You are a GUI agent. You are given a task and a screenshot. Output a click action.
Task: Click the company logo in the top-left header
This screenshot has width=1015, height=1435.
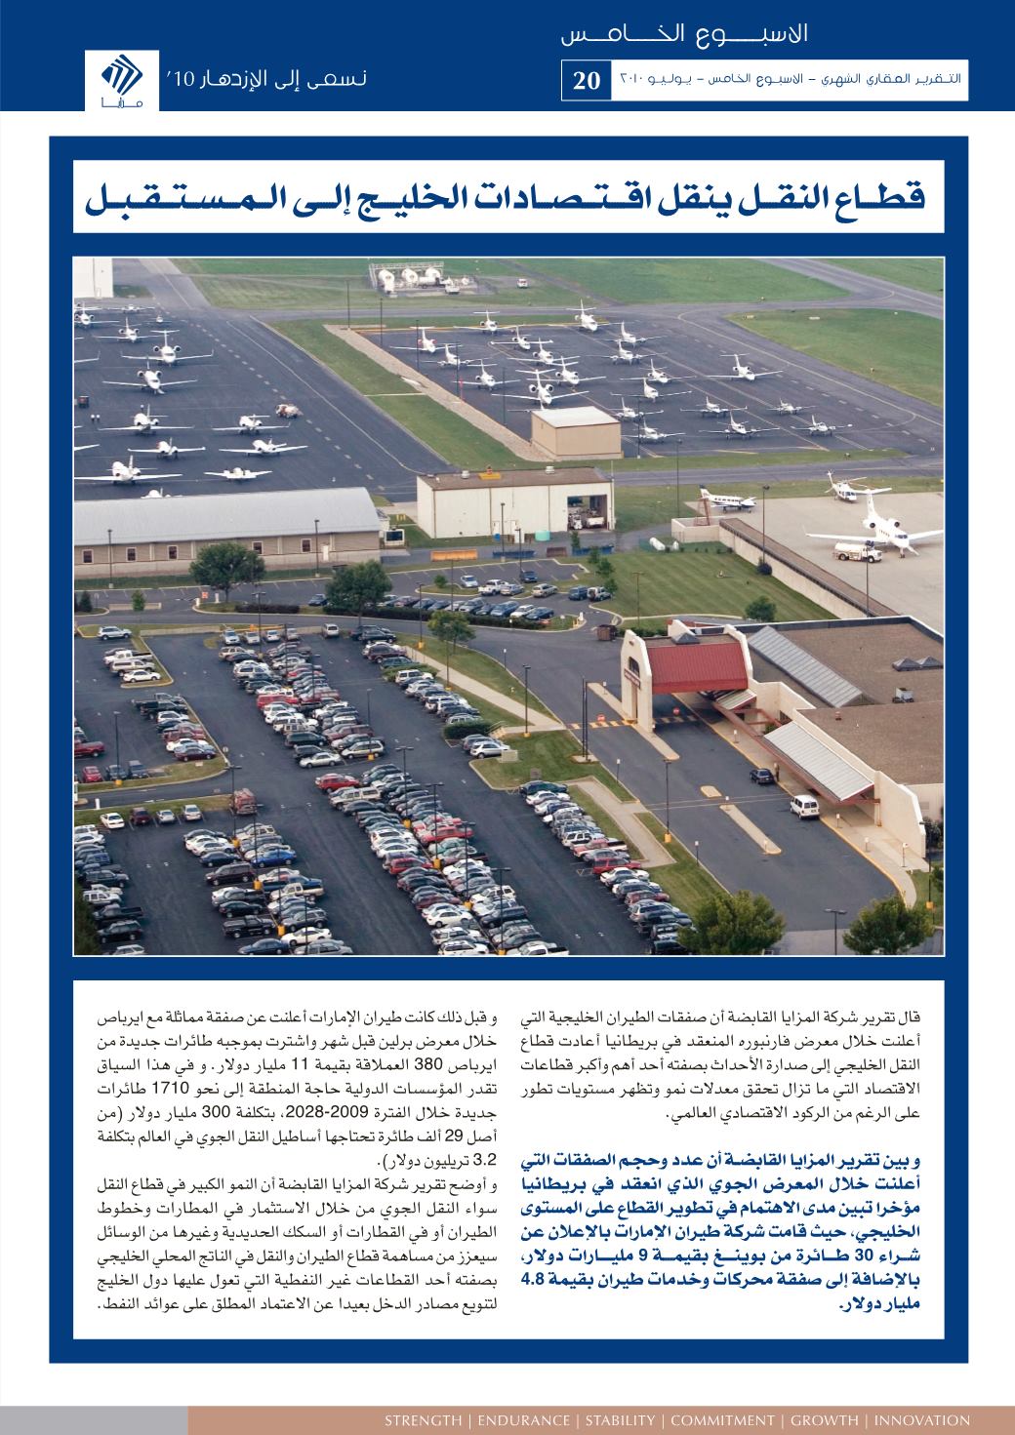(x=120, y=75)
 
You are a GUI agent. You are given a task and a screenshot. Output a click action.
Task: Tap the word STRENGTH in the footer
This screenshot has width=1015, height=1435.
(x=423, y=1420)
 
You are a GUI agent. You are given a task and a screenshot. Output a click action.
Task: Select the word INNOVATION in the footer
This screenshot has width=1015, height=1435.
(x=922, y=1420)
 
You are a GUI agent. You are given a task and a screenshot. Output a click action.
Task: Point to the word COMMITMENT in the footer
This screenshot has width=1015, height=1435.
(x=720, y=1420)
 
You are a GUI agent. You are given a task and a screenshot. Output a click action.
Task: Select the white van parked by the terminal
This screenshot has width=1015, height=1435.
(x=804, y=806)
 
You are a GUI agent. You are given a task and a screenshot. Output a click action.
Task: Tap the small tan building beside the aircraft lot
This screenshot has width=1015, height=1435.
(x=575, y=431)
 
